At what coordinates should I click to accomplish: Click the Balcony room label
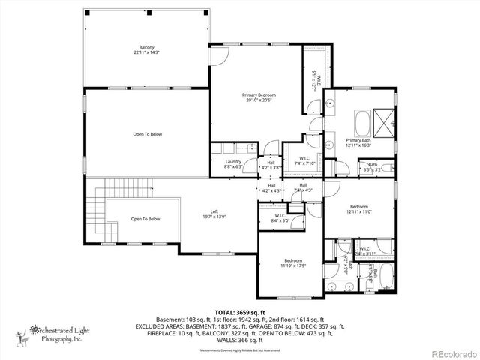[x=146, y=49]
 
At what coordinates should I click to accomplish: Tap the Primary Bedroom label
[x=259, y=97]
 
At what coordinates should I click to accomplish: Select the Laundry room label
[x=233, y=164]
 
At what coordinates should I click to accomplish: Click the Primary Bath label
[x=358, y=143]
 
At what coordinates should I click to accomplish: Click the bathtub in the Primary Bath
[x=362, y=120]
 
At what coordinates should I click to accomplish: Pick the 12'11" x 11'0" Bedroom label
[x=358, y=209]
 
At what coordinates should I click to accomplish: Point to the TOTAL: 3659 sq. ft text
[x=240, y=311]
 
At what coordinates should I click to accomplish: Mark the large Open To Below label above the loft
[x=146, y=134]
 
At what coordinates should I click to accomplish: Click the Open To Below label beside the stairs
[x=145, y=219]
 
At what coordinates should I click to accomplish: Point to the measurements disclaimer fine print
[x=240, y=350]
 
